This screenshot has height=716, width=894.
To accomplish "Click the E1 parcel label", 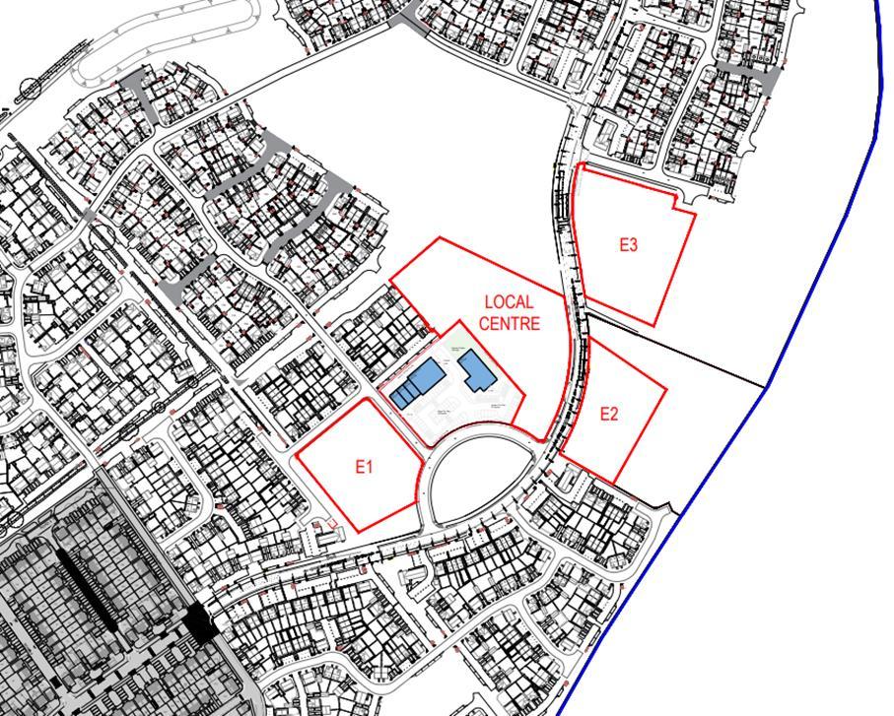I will coord(365,467).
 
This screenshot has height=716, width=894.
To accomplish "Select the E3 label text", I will coord(629,244).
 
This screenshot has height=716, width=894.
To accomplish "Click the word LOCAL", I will coord(509,302).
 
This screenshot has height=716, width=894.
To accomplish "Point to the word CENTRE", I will coord(509,323).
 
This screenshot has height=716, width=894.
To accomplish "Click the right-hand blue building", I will coord(477,370).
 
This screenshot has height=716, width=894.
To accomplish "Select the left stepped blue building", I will coord(416,384).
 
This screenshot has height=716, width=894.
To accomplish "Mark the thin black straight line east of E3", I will coord(680,351).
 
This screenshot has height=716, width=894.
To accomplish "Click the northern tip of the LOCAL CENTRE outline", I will coord(438,238).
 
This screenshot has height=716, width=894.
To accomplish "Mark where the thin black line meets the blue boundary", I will coord(767,388).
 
